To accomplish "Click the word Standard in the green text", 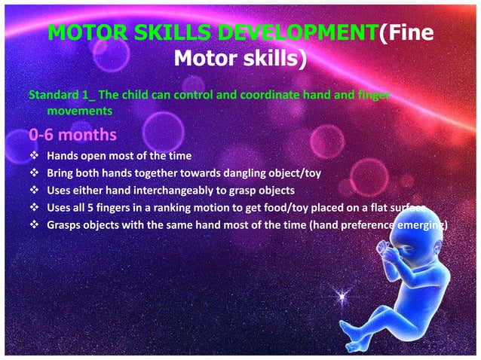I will coord(51,96).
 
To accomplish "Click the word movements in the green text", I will coord(79,110).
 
